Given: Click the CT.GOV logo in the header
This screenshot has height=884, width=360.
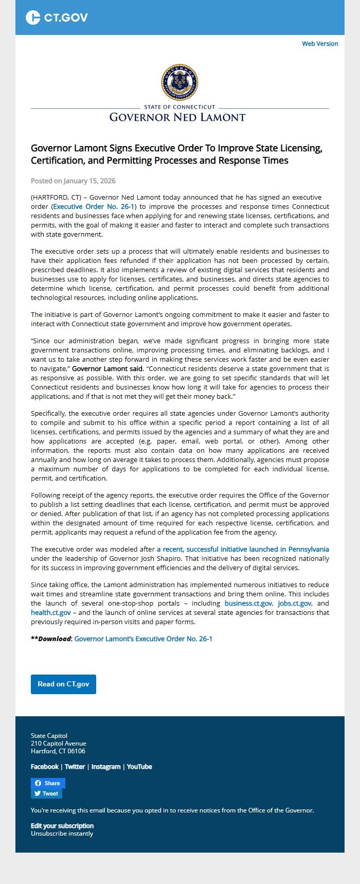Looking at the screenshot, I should click(57, 17).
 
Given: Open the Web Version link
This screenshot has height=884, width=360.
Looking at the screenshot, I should click(320, 44).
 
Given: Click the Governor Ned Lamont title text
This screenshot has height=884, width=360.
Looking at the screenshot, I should click(177, 117).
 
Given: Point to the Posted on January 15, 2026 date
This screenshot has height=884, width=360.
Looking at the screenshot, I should click(73, 181).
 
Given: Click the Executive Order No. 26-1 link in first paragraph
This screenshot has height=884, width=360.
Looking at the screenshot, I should click(94, 206).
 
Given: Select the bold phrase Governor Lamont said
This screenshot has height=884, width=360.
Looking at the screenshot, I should click(107, 368).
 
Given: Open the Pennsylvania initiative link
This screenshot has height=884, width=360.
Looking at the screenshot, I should click(243, 549).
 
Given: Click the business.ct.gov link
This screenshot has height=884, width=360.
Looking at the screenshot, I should click(248, 603).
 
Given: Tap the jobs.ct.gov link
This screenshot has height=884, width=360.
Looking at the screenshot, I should click(294, 603).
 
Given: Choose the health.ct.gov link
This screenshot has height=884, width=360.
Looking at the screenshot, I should click(51, 612).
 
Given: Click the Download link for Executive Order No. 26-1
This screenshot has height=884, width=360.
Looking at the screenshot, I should click(143, 639).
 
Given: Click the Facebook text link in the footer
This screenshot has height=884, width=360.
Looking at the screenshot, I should click(45, 767).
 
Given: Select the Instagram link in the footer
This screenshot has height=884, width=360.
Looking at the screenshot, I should click(106, 767).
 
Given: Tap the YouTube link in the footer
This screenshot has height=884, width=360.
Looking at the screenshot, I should click(139, 767).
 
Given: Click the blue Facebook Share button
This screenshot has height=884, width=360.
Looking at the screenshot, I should click(48, 783).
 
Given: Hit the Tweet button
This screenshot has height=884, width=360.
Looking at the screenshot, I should click(46, 793).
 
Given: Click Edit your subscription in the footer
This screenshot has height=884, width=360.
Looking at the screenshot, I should click(62, 826).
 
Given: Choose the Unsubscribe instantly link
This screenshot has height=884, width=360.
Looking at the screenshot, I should click(62, 834).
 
